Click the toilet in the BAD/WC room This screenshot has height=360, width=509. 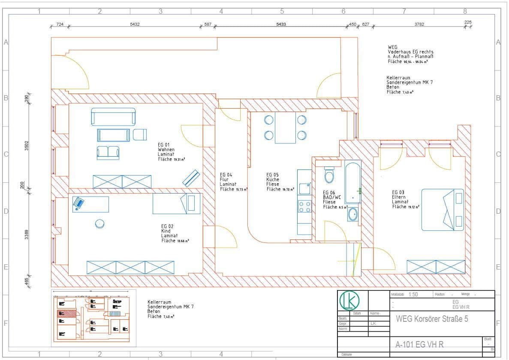click(329, 175)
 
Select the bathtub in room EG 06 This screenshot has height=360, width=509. click(353, 182)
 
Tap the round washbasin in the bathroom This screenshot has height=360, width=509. click(352, 214)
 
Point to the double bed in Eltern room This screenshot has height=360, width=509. click(443, 209)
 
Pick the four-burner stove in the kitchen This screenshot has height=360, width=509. click(304, 207)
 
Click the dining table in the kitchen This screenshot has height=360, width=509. click(285, 127)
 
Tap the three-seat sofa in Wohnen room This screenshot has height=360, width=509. click(113, 116)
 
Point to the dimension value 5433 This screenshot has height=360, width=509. click(281, 24)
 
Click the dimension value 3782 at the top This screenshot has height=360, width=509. click(419, 24)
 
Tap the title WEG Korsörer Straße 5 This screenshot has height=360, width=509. click(432, 319)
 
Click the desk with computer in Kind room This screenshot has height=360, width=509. click(90, 204)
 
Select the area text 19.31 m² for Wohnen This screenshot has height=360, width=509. click(179, 159)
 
